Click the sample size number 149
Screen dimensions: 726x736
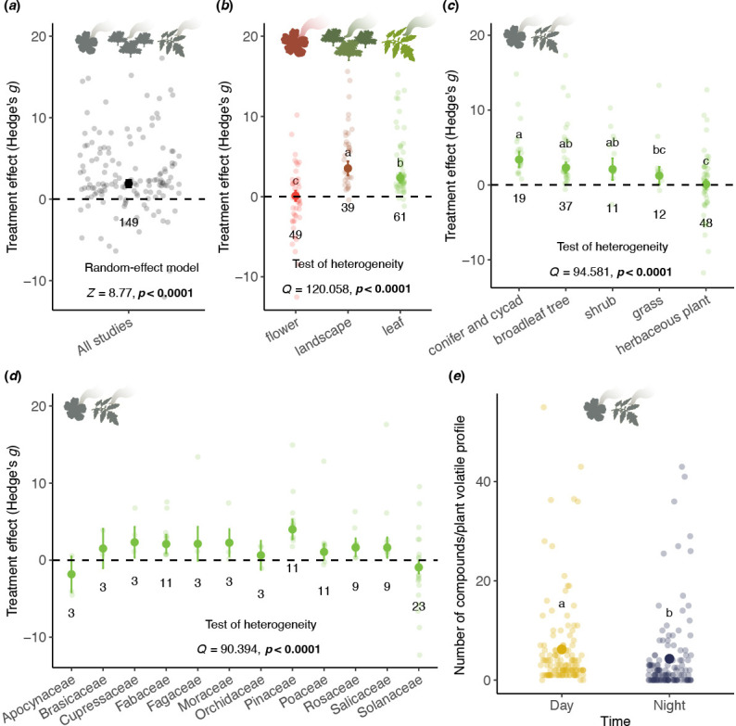[x=130, y=223]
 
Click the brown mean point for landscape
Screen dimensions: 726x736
[x=349, y=169]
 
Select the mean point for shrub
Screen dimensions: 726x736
[x=586, y=170]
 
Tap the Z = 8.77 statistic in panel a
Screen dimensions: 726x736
[x=130, y=295]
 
